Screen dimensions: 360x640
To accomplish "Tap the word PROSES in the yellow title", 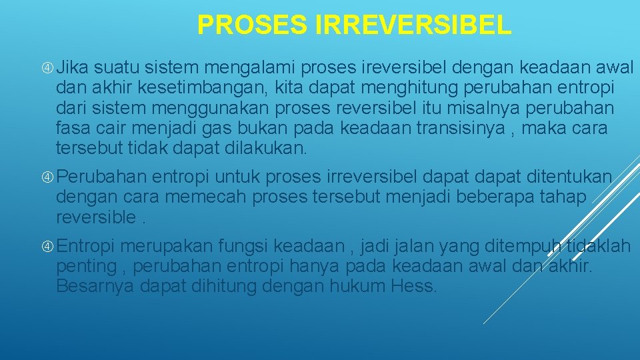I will [251, 25].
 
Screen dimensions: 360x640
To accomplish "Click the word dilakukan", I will [270, 147].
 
